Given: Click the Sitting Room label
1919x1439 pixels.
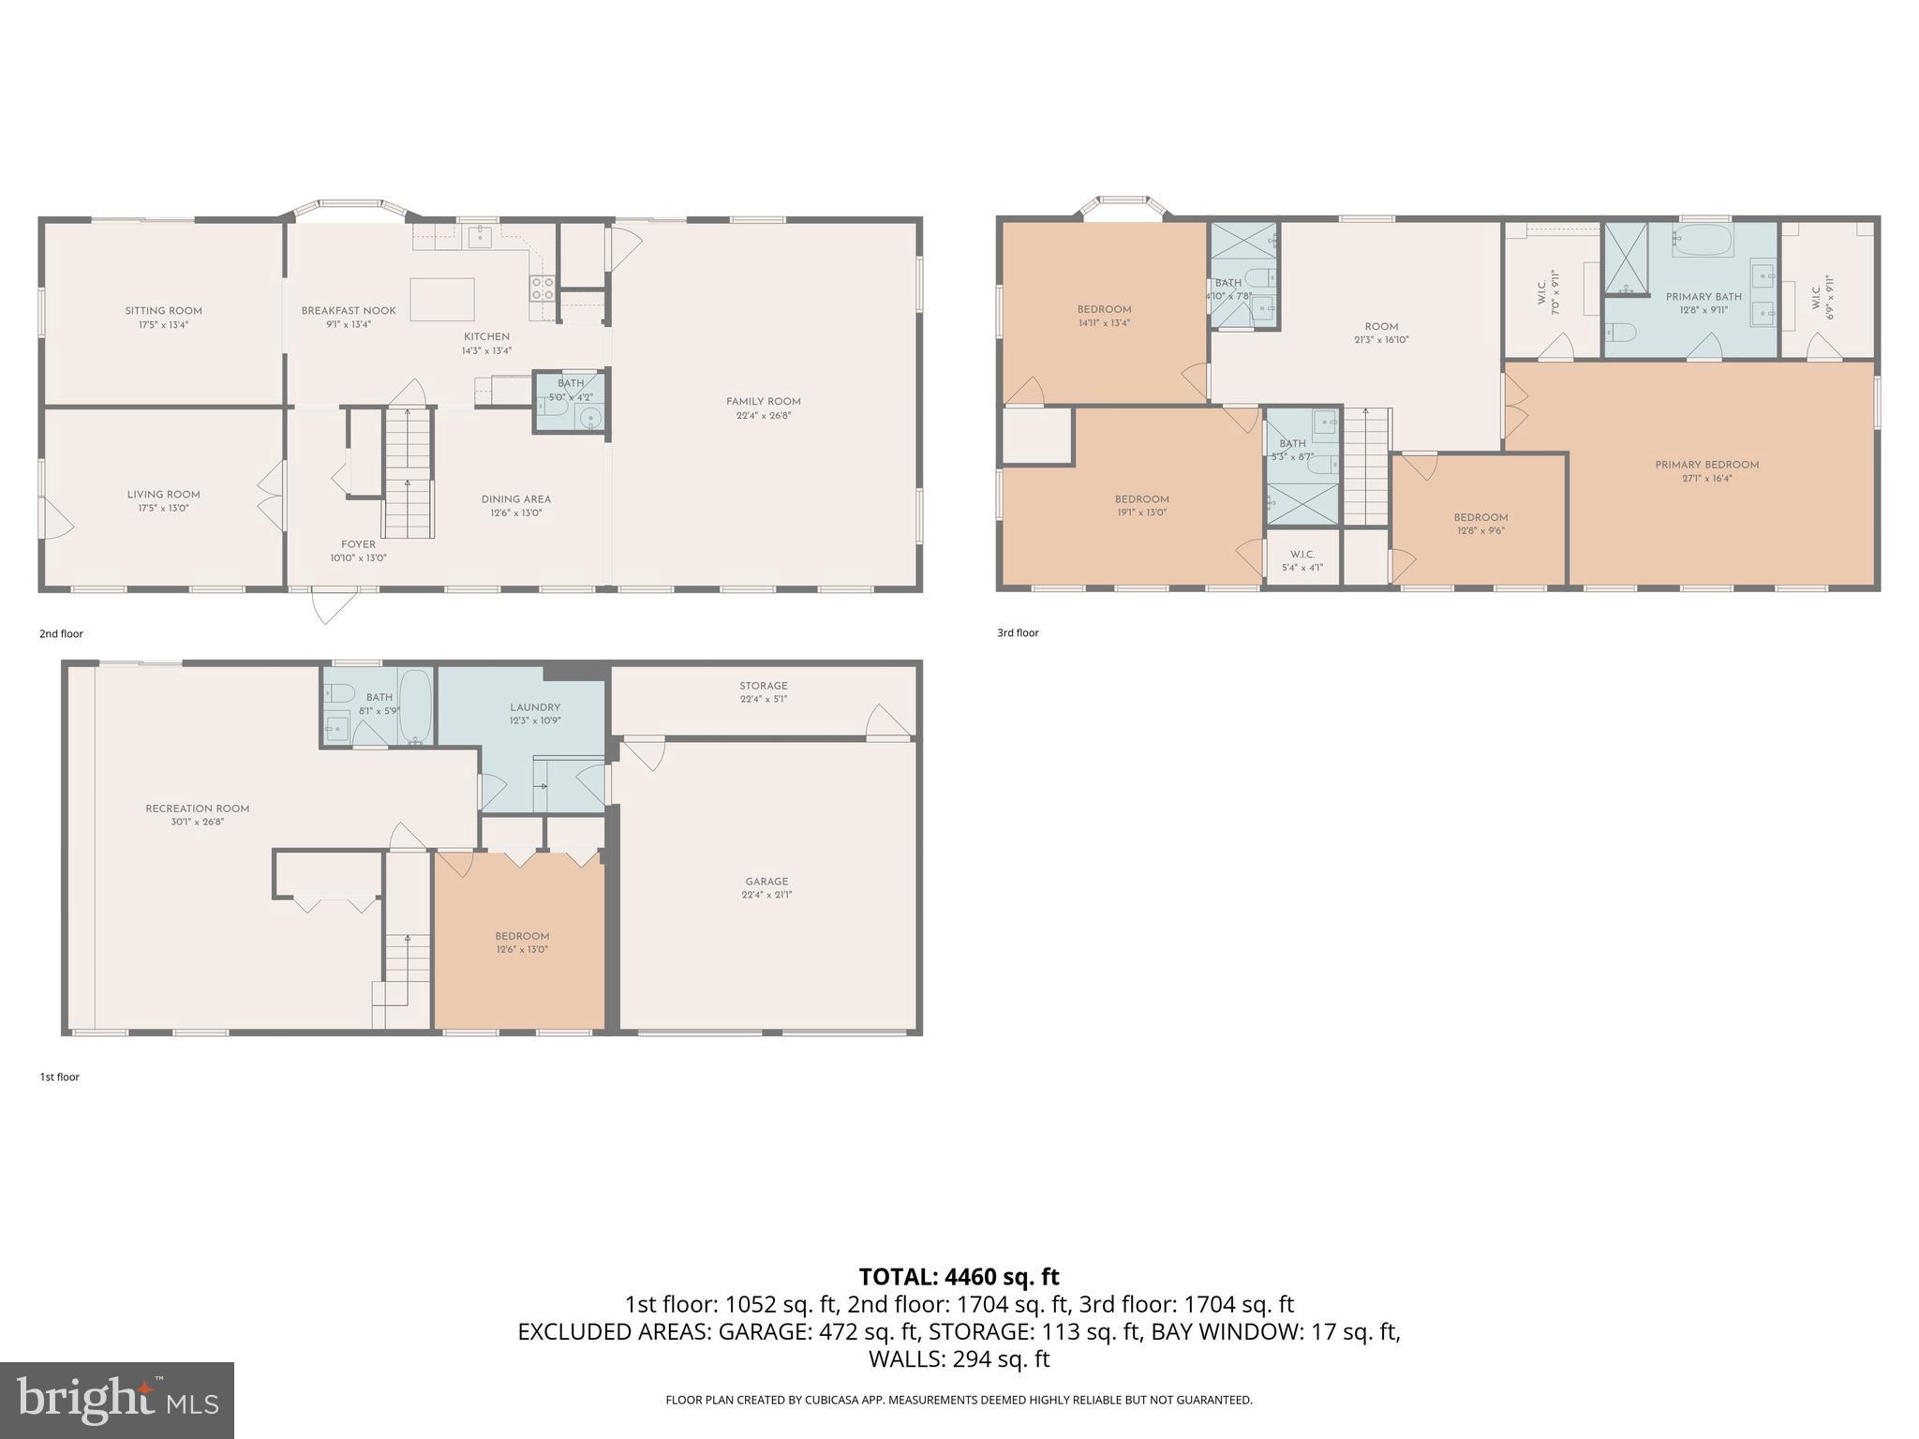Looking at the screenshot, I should click(x=164, y=311).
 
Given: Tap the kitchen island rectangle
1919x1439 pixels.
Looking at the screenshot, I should click(x=441, y=300).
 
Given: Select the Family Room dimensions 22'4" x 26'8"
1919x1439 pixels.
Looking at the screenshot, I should click(x=763, y=415).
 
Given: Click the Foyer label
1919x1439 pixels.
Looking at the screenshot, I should click(x=358, y=544).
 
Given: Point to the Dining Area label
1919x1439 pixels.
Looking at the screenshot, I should click(x=515, y=499).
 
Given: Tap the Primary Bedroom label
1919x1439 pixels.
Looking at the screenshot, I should click(x=1706, y=465).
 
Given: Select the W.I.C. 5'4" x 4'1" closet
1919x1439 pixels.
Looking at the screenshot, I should click(x=1302, y=560).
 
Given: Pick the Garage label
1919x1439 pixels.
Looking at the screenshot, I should click(x=766, y=882).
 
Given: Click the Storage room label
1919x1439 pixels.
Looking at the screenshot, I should click(x=763, y=686).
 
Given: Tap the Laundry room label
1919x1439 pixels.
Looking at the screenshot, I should click(x=535, y=707).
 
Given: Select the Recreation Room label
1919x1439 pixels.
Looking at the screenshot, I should click(x=198, y=809).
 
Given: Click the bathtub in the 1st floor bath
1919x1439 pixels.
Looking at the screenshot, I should click(x=415, y=707).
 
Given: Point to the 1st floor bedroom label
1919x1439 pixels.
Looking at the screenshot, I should click(x=522, y=936).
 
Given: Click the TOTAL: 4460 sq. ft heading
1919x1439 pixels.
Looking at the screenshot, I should click(x=959, y=1276).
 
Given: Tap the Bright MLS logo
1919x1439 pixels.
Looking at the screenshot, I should click(x=117, y=1400).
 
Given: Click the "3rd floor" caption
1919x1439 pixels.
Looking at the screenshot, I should click(x=1018, y=632).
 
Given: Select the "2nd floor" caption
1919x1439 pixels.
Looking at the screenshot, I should click(x=61, y=633).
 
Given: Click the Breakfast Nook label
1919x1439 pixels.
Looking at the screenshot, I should click(x=349, y=311).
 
